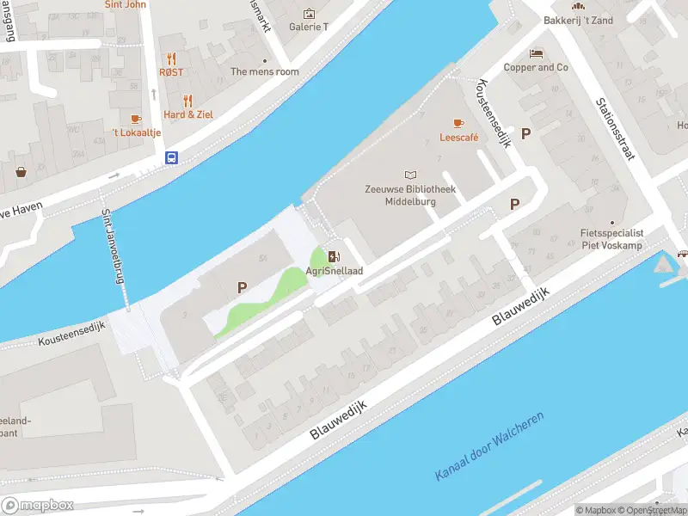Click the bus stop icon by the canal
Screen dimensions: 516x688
coord(172,157)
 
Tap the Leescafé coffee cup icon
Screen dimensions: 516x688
coord(458,123)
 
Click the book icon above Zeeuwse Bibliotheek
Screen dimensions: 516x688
coord(409,175)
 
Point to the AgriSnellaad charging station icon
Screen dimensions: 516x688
coord(334,255)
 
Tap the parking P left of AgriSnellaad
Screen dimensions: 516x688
coord(243,287)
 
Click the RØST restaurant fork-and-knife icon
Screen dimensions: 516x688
coord(171,58)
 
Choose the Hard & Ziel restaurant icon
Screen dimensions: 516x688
coord(188,101)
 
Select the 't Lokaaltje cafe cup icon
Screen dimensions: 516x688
coord(135,119)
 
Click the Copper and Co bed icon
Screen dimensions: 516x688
coord(536,53)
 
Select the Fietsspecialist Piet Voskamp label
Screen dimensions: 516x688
coord(612,238)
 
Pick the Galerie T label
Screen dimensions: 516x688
coord(309,27)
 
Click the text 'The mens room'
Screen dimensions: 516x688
coord(265,72)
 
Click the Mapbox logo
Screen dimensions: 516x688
coord(36,505)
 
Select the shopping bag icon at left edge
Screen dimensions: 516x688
coord(21,171)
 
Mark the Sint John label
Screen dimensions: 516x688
coord(126,5)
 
